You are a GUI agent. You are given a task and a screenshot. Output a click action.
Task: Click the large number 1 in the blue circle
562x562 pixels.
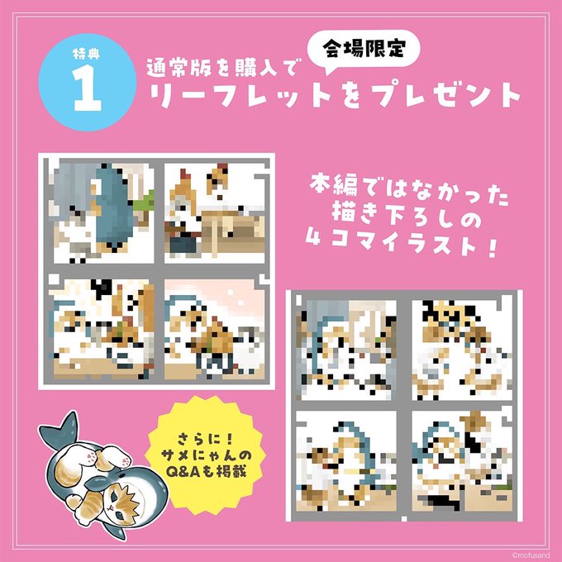(x=88, y=88)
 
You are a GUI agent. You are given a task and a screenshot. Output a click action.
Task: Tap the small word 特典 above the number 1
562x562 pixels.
(x=87, y=54)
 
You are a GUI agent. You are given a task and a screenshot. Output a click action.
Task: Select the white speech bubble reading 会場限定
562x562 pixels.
(x=364, y=50)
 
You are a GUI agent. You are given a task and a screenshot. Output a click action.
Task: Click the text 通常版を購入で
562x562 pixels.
(x=222, y=68)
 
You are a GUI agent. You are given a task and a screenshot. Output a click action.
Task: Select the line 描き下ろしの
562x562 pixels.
(x=407, y=218)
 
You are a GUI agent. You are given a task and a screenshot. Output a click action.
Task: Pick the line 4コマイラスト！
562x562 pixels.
(x=402, y=244)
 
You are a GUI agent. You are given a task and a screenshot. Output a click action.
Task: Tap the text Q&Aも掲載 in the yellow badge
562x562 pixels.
(x=207, y=472)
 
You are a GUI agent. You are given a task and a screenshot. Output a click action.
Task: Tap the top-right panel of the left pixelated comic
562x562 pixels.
(x=215, y=213)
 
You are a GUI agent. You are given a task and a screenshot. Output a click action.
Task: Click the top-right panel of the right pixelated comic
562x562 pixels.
(x=462, y=350)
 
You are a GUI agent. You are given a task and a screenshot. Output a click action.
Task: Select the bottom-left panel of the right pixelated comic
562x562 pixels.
(x=346, y=461)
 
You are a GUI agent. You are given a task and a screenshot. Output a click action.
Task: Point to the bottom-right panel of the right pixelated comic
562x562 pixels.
(x=462, y=461)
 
